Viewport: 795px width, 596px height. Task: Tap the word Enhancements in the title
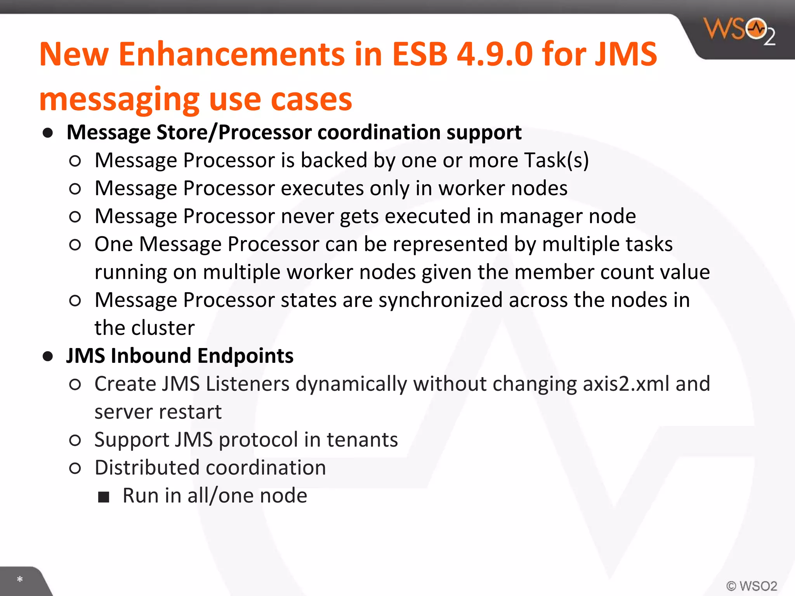(x=232, y=54)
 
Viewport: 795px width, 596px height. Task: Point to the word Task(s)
(x=556, y=160)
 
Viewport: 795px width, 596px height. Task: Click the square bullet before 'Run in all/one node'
(x=104, y=497)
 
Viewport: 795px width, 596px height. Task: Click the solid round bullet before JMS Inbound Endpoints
(x=48, y=356)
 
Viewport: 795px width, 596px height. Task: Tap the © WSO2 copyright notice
(x=752, y=586)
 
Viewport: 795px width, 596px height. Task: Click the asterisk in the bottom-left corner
(x=20, y=579)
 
